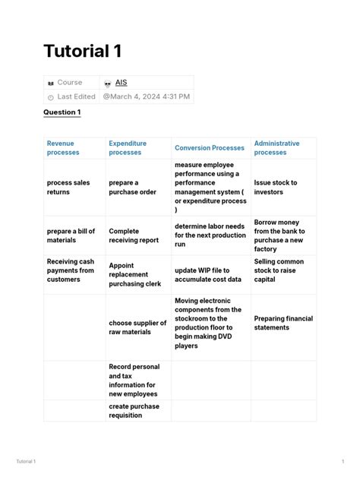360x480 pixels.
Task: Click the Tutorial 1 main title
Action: click(x=82, y=51)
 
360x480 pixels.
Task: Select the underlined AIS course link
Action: click(x=121, y=82)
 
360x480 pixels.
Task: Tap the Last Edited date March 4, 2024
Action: click(x=147, y=96)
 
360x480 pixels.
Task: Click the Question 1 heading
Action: click(x=62, y=112)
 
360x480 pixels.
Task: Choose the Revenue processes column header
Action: click(x=63, y=147)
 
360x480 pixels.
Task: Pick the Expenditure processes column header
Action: click(x=128, y=147)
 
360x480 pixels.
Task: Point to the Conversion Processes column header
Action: click(x=210, y=148)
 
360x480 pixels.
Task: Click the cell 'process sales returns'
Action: click(x=68, y=187)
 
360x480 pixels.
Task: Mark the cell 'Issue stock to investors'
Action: click(x=275, y=187)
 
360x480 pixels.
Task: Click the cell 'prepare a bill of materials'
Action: click(x=71, y=235)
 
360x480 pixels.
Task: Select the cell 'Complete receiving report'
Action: click(x=134, y=235)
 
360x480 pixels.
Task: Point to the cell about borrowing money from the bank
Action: click(x=279, y=235)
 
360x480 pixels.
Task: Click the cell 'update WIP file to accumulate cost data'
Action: click(x=207, y=274)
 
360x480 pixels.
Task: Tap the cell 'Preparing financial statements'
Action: click(x=283, y=323)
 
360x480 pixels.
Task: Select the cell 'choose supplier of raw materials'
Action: click(x=137, y=327)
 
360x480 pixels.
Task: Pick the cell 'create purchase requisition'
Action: click(x=134, y=411)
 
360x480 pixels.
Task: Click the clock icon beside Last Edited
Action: click(x=51, y=97)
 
